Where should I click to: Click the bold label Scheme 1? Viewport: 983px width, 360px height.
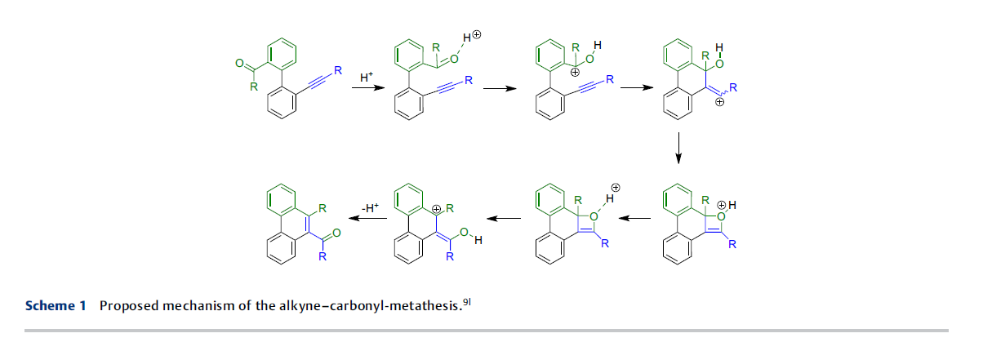click(56, 305)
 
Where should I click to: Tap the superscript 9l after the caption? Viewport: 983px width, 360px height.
click(467, 302)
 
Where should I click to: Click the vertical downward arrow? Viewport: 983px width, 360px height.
click(678, 148)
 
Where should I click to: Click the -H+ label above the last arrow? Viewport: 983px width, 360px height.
click(370, 207)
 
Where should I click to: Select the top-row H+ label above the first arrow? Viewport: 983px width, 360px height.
click(367, 78)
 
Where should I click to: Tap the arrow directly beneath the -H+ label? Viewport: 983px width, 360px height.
click(367, 218)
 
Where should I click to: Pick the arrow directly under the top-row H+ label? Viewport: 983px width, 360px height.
click(368, 88)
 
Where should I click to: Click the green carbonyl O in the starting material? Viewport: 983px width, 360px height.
click(239, 63)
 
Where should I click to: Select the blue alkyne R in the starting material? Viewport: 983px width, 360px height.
click(338, 70)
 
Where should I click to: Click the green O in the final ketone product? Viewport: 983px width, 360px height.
click(336, 233)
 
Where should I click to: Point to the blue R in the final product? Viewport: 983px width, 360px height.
click(322, 256)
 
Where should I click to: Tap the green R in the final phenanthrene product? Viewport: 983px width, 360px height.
click(322, 208)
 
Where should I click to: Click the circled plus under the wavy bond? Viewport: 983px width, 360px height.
click(720, 102)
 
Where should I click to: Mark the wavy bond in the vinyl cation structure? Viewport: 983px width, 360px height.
click(723, 92)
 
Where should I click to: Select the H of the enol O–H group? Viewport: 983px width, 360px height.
click(478, 240)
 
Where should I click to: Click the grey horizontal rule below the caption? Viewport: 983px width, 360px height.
click(487, 331)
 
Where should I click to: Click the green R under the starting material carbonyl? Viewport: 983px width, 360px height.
click(254, 87)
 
